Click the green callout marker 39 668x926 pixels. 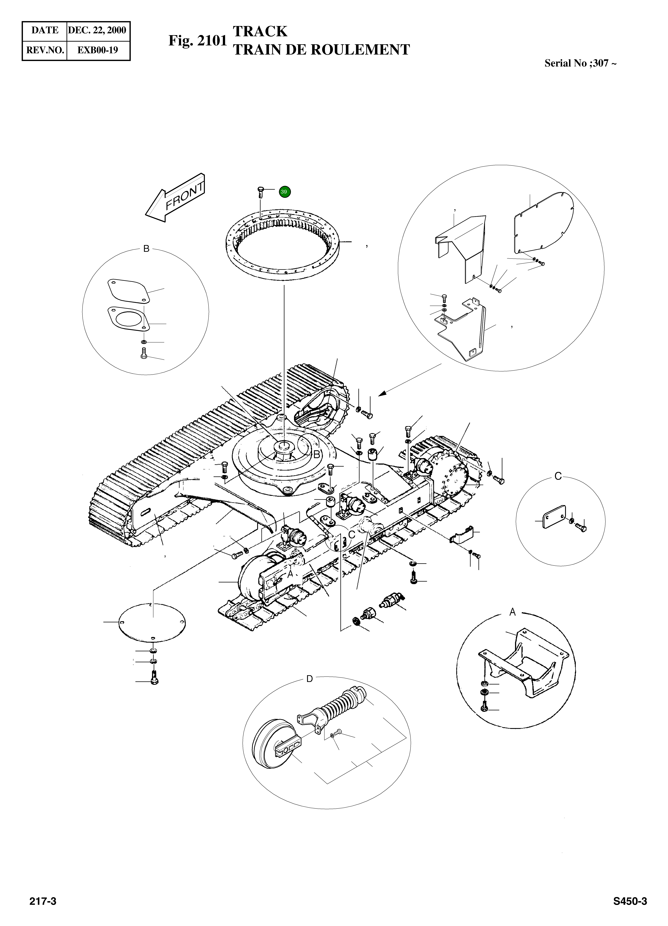coord(285,191)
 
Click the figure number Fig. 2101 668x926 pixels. coord(198,41)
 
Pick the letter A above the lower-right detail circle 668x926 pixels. coord(513,612)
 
